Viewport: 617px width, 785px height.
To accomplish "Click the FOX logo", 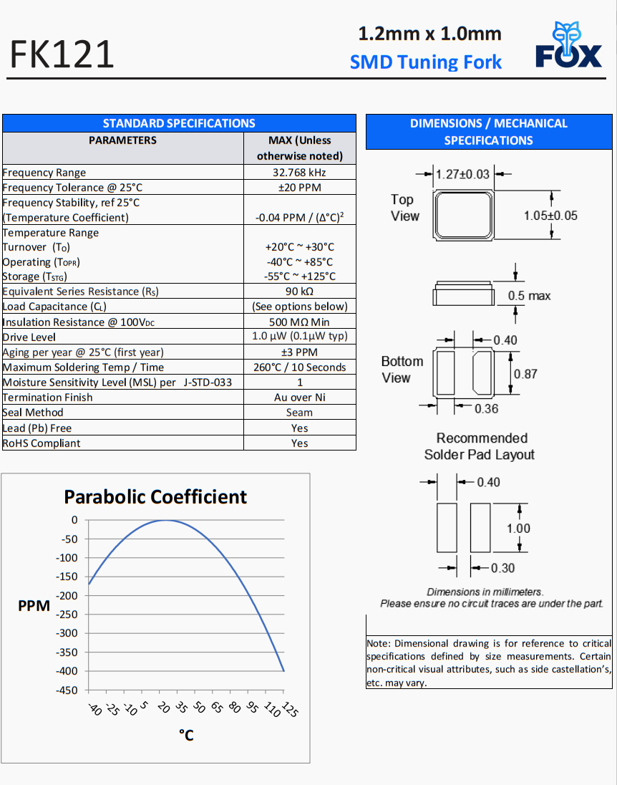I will tap(568, 46).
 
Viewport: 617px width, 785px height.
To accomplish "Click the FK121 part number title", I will tap(62, 54).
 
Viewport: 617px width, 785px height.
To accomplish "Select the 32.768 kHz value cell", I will tap(300, 173).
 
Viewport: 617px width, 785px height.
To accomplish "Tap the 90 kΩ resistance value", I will tap(300, 292).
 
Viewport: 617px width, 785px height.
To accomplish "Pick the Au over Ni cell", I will tap(300, 398).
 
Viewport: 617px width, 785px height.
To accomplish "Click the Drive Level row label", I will tap(29, 337).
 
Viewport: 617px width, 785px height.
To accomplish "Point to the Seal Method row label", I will tap(33, 413).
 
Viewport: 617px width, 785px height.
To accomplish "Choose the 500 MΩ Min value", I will tap(300, 322).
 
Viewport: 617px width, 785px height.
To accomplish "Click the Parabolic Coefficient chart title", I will tap(155, 497).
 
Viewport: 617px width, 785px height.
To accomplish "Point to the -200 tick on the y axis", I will tap(69, 596).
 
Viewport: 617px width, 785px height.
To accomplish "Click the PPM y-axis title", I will tap(34, 607).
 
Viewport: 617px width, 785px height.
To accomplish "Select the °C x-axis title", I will tap(186, 736).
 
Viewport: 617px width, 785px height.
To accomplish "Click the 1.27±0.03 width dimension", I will tap(463, 174).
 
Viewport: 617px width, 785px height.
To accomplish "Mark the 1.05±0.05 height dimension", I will tap(550, 216).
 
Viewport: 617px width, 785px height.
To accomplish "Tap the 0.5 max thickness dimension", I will tap(529, 296).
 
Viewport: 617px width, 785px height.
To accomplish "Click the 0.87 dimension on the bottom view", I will tap(525, 374).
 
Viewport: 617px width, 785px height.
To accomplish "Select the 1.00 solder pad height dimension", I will tap(518, 529).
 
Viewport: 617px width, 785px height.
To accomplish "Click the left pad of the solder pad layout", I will tap(447, 527).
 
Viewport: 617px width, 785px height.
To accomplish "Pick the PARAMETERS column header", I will tap(122, 140).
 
